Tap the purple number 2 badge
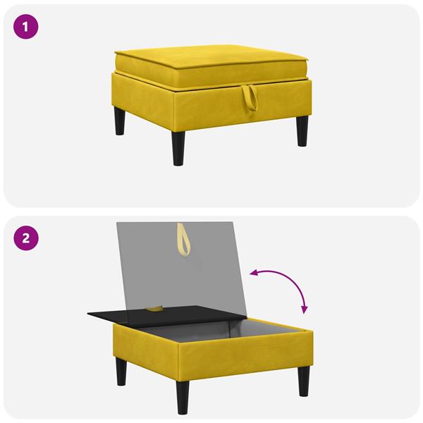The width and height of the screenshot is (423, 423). click(26, 238)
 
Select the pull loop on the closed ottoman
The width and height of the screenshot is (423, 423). click(250, 99)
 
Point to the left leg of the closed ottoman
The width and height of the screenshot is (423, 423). click(119, 121)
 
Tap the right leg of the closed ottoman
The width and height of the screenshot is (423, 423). click(302, 131)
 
